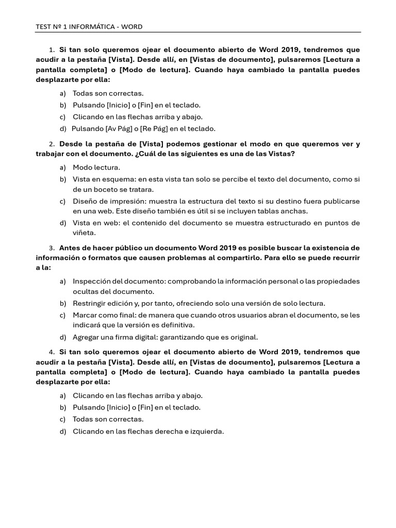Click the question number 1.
pyautogui.click(x=52, y=50)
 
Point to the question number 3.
pyautogui.click(x=52, y=248)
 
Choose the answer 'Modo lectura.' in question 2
pyautogui.click(x=96, y=167)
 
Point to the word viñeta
pyautogui.click(x=84, y=233)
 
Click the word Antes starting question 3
pyautogui.click(x=70, y=248)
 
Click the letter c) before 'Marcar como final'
pyautogui.click(x=63, y=315)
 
